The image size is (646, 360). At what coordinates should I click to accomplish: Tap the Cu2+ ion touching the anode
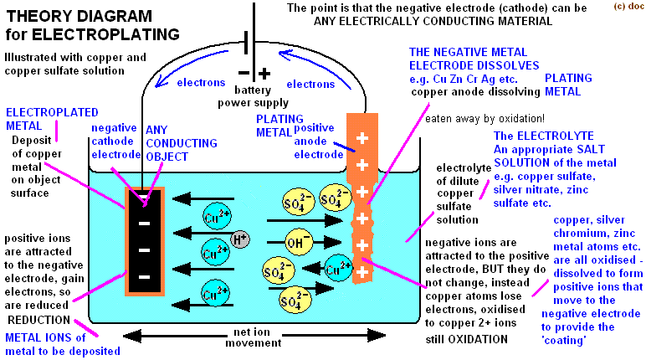[337, 269]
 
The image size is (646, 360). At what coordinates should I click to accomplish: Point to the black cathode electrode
[144, 235]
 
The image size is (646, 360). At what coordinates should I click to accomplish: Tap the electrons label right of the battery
[310, 84]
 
